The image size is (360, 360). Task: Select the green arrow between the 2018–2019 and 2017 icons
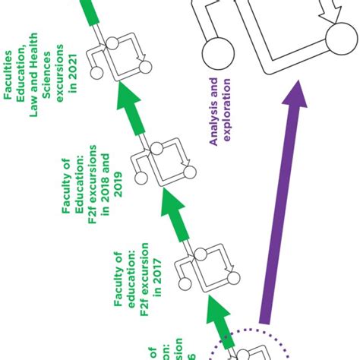174,220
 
